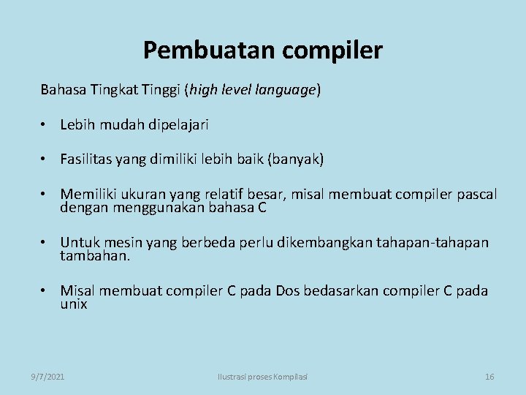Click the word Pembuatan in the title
(191, 50)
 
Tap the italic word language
(286, 90)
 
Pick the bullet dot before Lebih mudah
(46, 125)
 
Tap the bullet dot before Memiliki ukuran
(46, 195)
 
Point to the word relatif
(256, 195)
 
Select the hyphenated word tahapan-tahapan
(433, 243)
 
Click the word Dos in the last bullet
(283, 291)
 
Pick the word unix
(74, 304)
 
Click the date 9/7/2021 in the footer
(47, 376)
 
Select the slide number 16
(489, 376)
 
